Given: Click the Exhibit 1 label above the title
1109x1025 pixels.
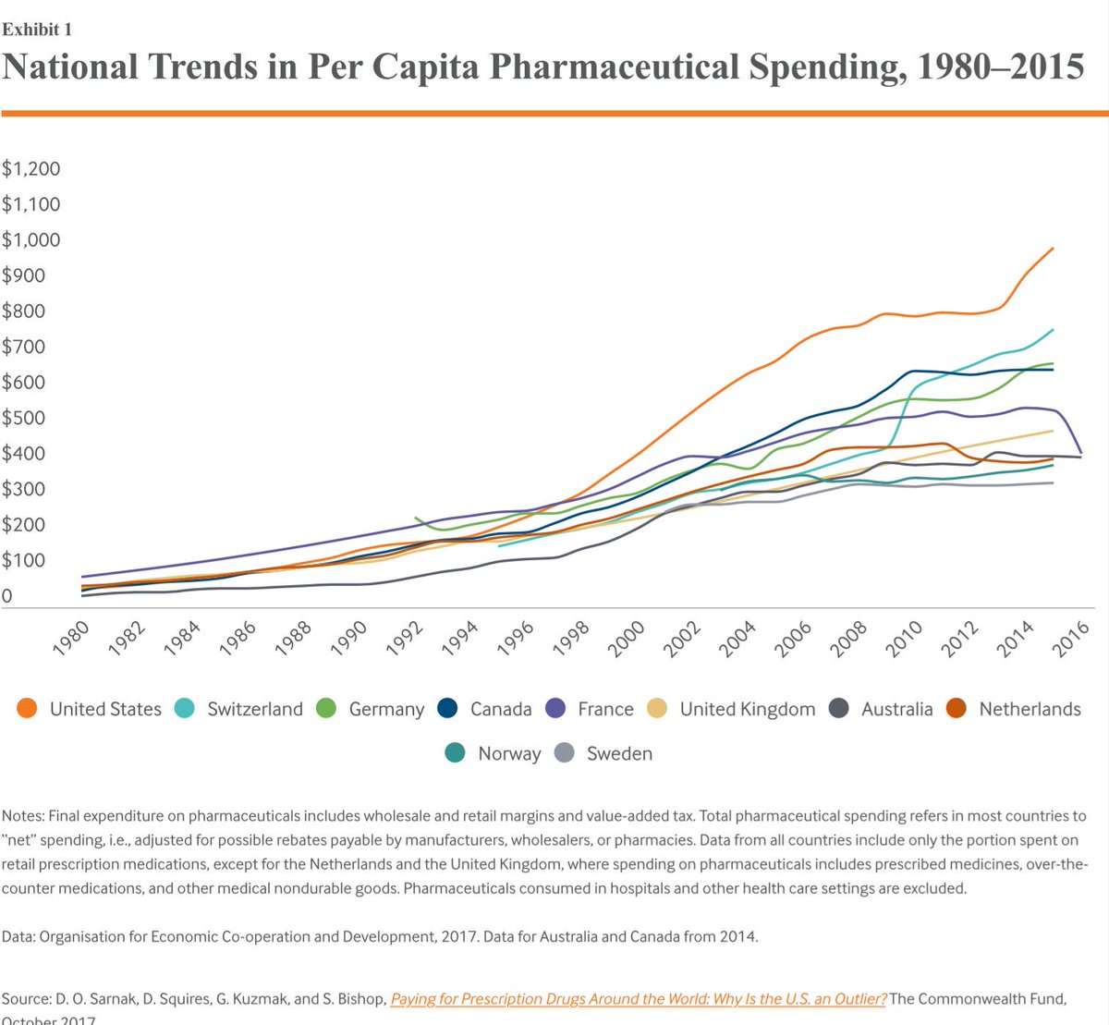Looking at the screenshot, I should tap(37, 30).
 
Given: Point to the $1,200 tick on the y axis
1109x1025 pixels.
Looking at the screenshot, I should tap(31, 168).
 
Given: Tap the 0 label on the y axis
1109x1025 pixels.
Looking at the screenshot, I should tap(7, 596).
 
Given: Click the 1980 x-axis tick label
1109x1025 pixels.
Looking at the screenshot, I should tap(72, 638).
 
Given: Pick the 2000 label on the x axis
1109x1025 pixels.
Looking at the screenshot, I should tap(627, 638).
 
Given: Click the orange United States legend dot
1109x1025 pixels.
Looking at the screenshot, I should tap(28, 709).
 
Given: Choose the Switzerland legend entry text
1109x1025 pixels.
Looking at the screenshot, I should tap(255, 709).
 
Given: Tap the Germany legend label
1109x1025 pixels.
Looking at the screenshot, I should tap(386, 709).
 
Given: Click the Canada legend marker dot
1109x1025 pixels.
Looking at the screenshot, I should tap(447, 709).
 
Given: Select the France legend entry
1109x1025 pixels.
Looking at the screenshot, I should tap(605, 709).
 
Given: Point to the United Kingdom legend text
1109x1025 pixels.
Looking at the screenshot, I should tap(748, 709).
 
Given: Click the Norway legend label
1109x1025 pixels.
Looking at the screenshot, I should tap(509, 753).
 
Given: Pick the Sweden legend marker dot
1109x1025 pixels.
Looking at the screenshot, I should tap(565, 753).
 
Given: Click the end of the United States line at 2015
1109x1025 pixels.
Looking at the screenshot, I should tap(1053, 249).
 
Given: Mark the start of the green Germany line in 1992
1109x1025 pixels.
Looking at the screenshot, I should tap(417, 519).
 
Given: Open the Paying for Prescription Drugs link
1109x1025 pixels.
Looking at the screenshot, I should tap(638, 998).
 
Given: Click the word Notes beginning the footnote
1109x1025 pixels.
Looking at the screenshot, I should tap(22, 816).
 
